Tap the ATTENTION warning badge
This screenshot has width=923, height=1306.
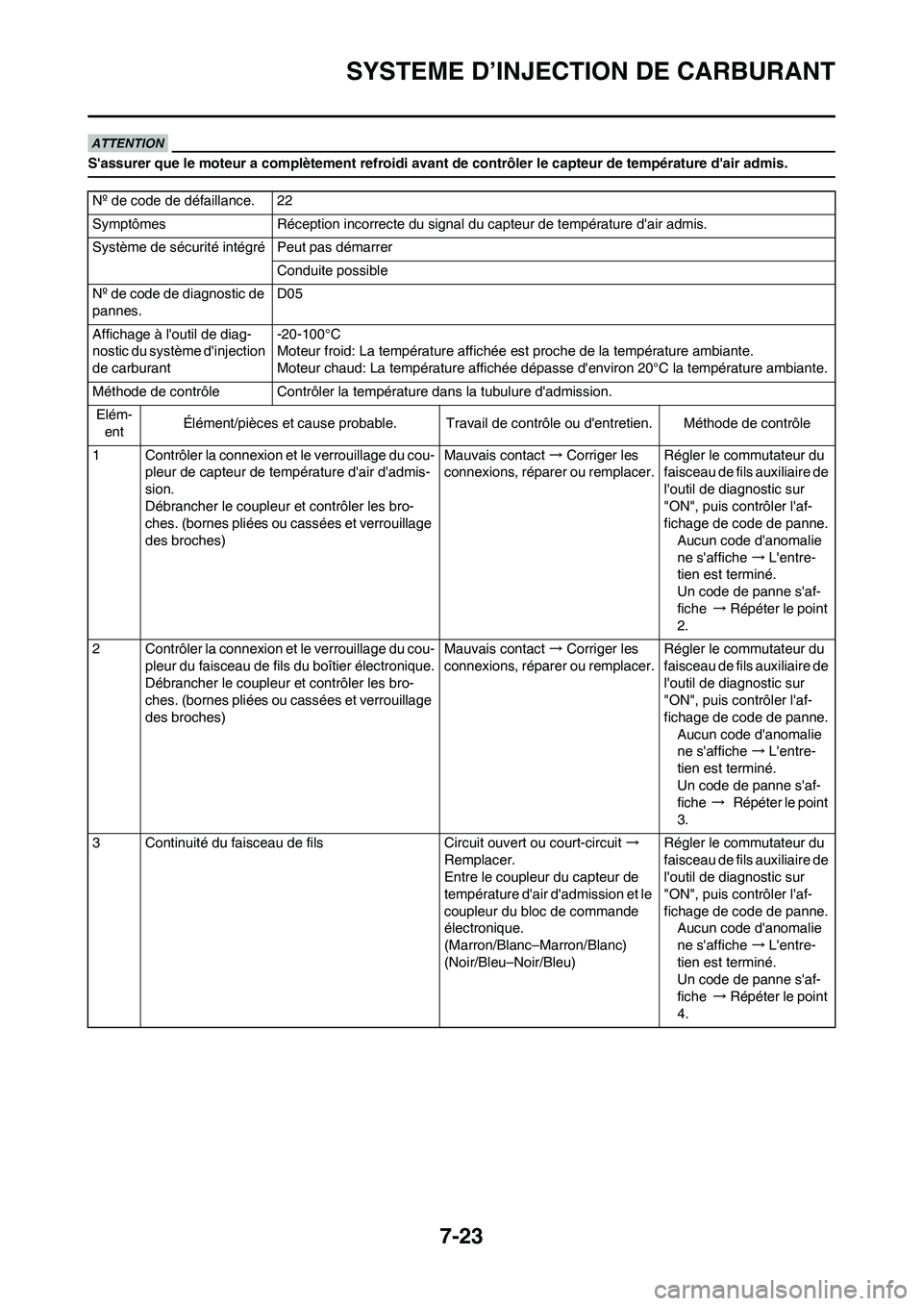click(x=131, y=143)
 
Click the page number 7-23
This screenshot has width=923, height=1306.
click(x=461, y=1236)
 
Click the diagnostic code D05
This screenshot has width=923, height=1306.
click(x=287, y=293)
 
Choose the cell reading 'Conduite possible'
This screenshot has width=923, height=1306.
click(x=332, y=271)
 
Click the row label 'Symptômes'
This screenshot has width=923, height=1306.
click(x=129, y=224)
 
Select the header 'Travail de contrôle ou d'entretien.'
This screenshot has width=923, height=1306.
click(x=549, y=423)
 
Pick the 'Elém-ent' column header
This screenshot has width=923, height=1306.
click(x=113, y=423)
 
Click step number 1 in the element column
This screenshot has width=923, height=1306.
click(x=97, y=455)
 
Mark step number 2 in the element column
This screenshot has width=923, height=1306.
click(x=97, y=649)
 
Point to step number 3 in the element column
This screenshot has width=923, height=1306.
click(x=97, y=843)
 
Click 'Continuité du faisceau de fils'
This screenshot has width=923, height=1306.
click(x=234, y=843)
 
